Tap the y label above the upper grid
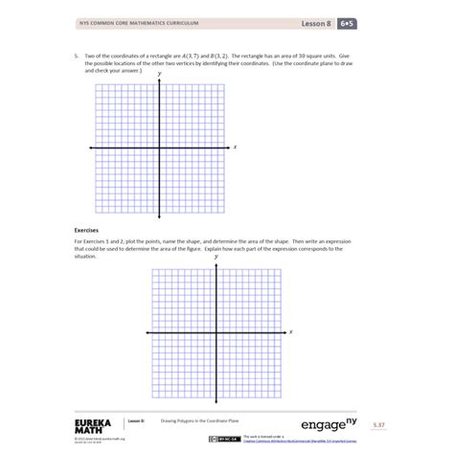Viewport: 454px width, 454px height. [159, 73]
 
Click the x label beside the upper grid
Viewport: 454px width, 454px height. [235, 147]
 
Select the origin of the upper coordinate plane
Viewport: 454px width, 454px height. [159, 148]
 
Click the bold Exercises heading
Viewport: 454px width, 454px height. [87, 230]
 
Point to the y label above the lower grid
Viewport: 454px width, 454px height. [216, 257]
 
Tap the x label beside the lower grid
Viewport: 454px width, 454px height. [291, 331]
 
